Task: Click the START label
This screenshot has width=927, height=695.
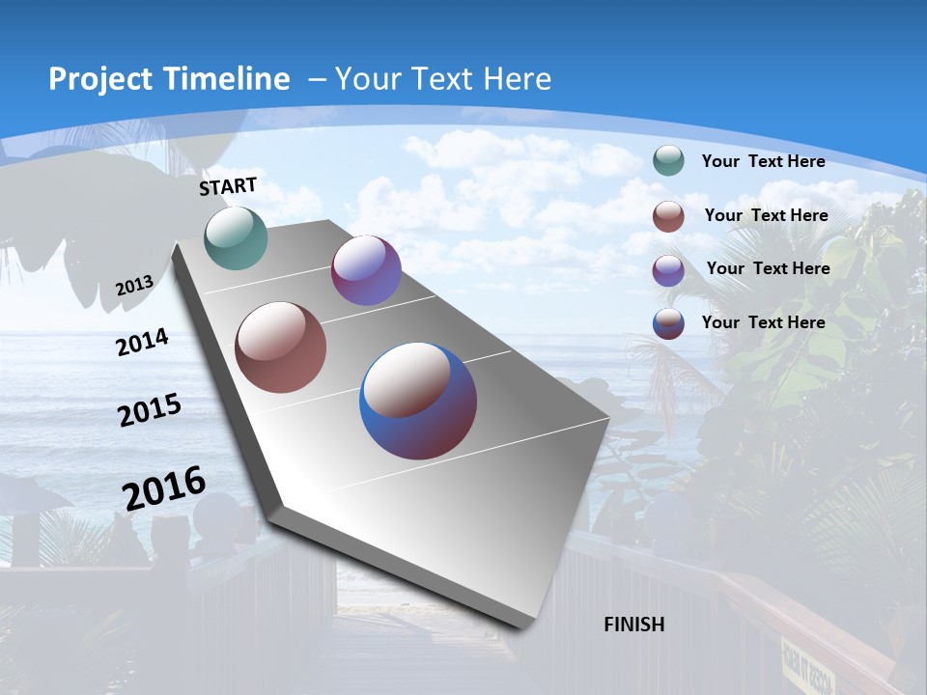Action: [228, 186]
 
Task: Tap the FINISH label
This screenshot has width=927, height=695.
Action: [633, 625]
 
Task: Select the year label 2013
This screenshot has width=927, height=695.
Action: [134, 286]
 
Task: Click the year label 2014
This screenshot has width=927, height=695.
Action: [142, 343]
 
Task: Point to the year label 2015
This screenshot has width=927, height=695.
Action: [149, 410]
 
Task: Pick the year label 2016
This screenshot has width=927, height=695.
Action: [164, 488]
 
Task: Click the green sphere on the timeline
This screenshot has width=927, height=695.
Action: [236, 237]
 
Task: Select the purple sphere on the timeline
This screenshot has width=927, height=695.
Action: [366, 270]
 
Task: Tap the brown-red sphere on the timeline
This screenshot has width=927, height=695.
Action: [280, 347]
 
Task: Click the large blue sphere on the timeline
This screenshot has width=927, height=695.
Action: [418, 401]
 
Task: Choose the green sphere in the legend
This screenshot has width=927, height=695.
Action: [668, 161]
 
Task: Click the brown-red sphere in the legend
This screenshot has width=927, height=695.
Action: [668, 216]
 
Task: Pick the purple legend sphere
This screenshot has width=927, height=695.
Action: [668, 270]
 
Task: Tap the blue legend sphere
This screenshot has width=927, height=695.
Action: [668, 323]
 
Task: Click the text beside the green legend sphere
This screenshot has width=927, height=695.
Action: [763, 161]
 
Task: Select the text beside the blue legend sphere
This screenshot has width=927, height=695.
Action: [763, 322]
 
